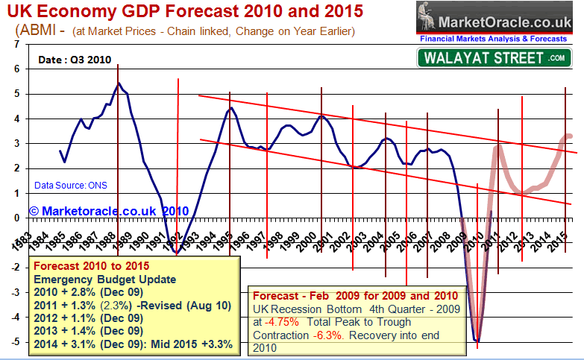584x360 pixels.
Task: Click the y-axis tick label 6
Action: point(16,69)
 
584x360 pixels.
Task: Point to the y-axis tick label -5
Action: point(15,342)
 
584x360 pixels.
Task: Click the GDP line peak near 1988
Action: point(119,83)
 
